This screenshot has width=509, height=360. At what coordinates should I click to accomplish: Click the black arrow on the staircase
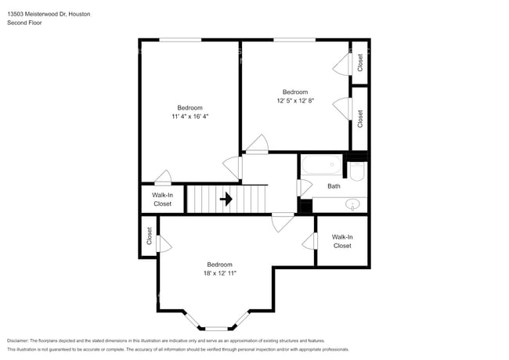[226, 199]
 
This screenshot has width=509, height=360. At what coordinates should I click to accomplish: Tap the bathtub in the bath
[321, 165]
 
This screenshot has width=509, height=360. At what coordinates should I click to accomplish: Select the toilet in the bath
[356, 172]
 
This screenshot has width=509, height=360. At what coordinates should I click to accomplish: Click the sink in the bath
[353, 205]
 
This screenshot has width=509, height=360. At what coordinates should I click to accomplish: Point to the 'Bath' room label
[334, 186]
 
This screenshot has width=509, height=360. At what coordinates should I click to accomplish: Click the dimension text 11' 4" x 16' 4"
[190, 117]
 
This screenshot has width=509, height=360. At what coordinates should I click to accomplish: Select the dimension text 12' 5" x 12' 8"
[294, 100]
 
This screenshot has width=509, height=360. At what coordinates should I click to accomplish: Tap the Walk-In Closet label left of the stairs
[162, 199]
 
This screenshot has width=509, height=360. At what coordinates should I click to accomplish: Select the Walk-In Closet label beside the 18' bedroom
[342, 241]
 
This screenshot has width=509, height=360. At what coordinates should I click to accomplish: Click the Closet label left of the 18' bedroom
[149, 236]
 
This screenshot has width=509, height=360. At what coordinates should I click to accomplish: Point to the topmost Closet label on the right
[360, 63]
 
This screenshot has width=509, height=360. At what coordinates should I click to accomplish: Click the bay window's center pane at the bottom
[218, 326]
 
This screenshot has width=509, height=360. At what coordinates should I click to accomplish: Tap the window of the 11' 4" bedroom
[181, 40]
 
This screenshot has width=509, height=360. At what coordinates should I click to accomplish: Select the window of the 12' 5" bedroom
[294, 40]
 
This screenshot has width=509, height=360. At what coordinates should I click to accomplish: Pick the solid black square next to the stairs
[305, 206]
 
